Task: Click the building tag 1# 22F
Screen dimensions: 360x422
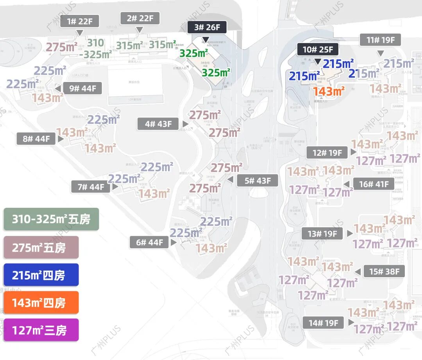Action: (x=80, y=21)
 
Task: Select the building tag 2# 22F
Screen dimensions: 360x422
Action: (x=140, y=18)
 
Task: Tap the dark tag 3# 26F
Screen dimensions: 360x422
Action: (x=207, y=27)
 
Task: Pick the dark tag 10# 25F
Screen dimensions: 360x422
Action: (x=318, y=50)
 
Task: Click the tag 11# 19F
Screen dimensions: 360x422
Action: (x=381, y=40)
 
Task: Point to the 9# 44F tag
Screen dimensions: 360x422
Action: (x=82, y=88)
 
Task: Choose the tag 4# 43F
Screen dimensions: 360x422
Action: (x=158, y=124)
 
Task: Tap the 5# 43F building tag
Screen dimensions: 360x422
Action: (x=257, y=181)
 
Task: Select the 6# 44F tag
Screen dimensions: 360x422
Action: (x=149, y=242)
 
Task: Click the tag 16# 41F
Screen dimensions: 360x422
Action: (x=374, y=184)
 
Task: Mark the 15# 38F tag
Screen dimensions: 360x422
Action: (x=384, y=271)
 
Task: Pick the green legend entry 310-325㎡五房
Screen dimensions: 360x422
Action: (x=51, y=219)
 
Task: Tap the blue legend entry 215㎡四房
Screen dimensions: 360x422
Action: (x=41, y=275)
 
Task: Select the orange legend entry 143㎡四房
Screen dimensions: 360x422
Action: (x=41, y=302)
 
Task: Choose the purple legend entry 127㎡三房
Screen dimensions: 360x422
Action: (x=41, y=330)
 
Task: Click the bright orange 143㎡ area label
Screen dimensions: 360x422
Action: (x=329, y=91)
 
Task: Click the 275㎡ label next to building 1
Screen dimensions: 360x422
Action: (x=62, y=47)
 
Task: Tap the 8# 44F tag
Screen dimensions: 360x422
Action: (x=36, y=139)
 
